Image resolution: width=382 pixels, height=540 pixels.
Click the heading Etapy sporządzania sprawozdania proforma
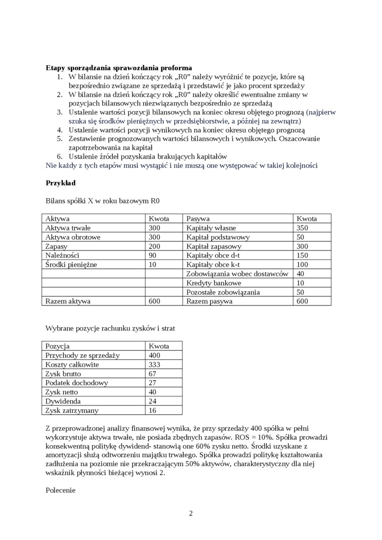(119, 68)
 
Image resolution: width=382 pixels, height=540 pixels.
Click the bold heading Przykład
(61, 183)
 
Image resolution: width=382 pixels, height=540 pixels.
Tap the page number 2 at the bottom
(191, 513)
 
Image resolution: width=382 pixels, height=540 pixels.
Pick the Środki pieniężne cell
(71, 264)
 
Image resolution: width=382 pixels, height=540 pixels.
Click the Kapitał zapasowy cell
(214, 246)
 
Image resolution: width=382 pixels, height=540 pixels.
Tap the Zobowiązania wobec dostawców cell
(237, 274)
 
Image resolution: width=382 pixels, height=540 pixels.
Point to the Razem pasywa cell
(209, 301)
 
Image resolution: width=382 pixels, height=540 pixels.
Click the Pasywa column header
(198, 219)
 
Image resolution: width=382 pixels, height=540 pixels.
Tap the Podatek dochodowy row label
(76, 383)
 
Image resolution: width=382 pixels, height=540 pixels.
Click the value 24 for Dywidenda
(152, 401)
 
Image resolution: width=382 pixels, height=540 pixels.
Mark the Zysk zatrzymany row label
(72, 410)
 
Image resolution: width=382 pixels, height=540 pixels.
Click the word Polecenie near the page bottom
(60, 490)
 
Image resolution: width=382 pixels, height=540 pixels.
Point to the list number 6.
(59, 157)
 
